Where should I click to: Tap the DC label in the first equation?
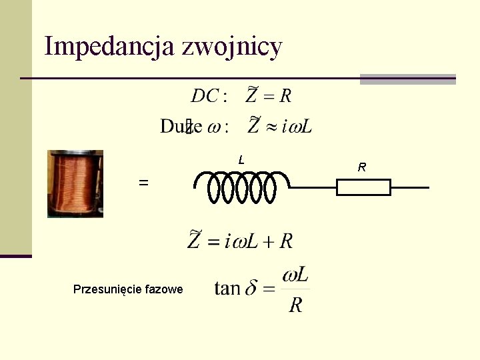[205, 97]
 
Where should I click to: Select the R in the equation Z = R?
[285, 97]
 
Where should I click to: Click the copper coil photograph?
[75, 183]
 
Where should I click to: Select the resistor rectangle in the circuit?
[363, 187]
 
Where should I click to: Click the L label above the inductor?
[241, 160]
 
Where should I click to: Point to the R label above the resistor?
[361, 167]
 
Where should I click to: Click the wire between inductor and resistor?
[313, 187]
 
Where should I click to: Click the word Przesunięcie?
[105, 289]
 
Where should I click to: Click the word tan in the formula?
[227, 289]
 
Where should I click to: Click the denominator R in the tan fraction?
[296, 305]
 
